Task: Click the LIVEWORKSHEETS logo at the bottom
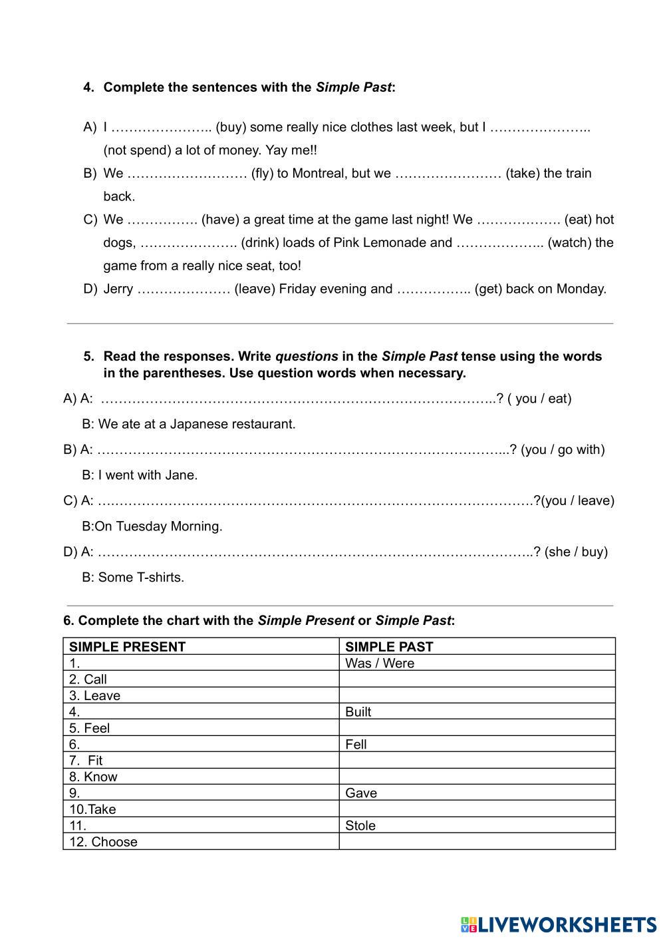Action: tap(558, 924)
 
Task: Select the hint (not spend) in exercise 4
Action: tap(137, 150)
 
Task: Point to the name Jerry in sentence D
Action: tap(118, 289)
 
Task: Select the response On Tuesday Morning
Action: tap(158, 526)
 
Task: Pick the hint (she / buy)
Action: tap(576, 552)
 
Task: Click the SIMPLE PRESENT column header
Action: tap(128, 646)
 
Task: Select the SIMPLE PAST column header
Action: tap(389, 646)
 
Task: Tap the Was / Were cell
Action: tap(380, 663)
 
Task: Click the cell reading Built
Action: tap(358, 711)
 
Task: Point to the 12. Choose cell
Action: tap(104, 842)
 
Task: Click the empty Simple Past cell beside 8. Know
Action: tap(477, 777)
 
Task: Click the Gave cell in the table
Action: tap(361, 793)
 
